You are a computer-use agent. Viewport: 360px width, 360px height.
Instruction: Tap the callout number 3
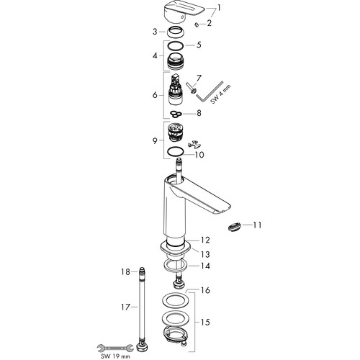click(155, 32)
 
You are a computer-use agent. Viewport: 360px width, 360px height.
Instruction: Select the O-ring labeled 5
click(176, 45)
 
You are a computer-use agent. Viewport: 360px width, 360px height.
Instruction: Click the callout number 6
click(155, 95)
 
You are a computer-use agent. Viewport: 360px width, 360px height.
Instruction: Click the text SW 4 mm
click(220, 94)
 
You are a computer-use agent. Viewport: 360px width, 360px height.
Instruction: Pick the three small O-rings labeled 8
click(176, 114)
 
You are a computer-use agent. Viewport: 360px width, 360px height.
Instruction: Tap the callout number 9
click(155, 140)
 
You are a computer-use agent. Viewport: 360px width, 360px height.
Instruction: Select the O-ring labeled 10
click(176, 152)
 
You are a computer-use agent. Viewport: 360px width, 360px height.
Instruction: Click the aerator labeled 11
click(234, 227)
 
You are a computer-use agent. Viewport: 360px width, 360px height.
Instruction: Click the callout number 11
click(257, 225)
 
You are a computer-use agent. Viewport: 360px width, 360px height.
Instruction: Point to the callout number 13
click(205, 254)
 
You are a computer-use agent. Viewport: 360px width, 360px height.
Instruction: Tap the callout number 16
click(205, 290)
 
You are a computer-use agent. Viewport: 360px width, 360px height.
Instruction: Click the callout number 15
click(205, 322)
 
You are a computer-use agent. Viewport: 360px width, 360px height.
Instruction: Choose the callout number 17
click(125, 307)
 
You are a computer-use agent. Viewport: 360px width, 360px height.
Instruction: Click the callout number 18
click(125, 272)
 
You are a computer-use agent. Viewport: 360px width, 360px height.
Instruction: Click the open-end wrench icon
click(115, 348)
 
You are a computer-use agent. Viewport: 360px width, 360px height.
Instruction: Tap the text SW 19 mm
click(115, 356)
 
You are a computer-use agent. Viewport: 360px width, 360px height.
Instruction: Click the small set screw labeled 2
click(197, 24)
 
